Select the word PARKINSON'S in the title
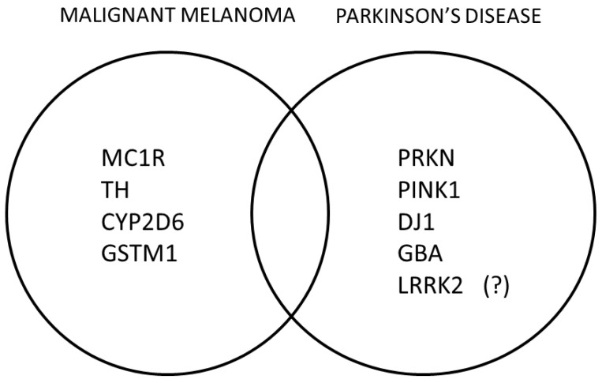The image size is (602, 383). click(394, 15)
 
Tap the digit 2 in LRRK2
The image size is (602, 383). click(458, 283)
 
